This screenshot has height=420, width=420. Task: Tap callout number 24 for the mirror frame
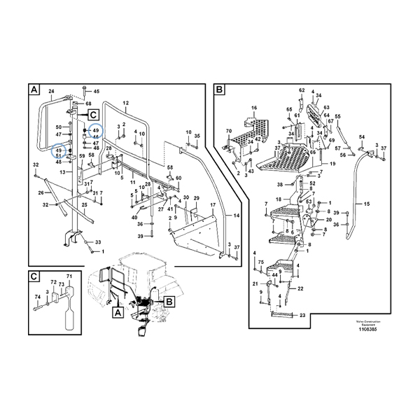(50, 91)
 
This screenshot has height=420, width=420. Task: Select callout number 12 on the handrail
(126, 103)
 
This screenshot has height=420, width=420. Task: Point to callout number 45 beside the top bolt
(97, 92)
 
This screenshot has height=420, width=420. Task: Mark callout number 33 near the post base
(98, 241)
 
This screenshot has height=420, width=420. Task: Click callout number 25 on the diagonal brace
(84, 205)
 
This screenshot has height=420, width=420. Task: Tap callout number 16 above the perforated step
(254, 108)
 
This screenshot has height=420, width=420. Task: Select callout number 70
(228, 132)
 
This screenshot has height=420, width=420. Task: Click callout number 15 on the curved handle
(366, 204)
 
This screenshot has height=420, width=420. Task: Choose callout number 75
(260, 262)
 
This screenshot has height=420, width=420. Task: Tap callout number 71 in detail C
(69, 277)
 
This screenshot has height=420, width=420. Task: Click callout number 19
(333, 164)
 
